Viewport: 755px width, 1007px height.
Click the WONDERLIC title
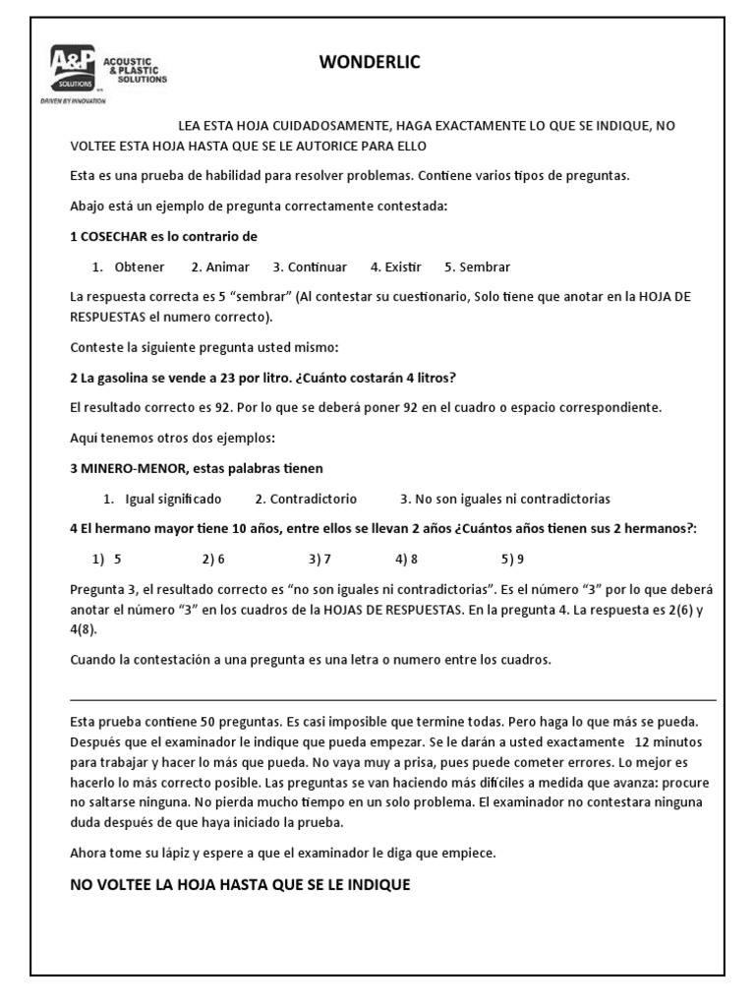tap(370, 63)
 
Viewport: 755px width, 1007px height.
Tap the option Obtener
tap(139, 267)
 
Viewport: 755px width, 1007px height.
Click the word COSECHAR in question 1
tap(117, 236)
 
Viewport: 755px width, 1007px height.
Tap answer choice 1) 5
tap(107, 559)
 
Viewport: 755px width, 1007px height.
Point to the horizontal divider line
tap(393, 700)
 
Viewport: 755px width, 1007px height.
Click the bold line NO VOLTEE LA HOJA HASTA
tap(240, 885)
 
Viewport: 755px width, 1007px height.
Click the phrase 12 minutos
tap(668, 740)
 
